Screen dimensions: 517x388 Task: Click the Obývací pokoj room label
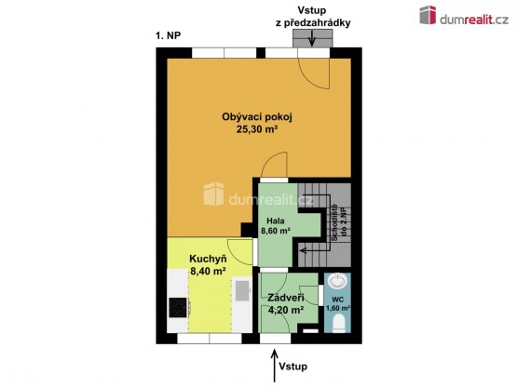pyautogui.click(x=257, y=117)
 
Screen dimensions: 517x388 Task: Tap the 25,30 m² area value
pyautogui.click(x=256, y=129)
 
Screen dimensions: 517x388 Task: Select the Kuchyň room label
pyautogui.click(x=208, y=259)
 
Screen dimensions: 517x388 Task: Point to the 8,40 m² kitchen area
pyautogui.click(x=208, y=271)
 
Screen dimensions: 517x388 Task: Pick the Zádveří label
pyautogui.click(x=286, y=298)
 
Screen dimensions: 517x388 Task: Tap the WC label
pyautogui.click(x=338, y=300)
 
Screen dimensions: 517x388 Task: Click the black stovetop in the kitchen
pyautogui.click(x=178, y=307)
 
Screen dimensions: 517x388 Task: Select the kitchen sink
pyautogui.click(x=243, y=290)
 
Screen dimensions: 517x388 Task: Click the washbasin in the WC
pyautogui.click(x=338, y=281)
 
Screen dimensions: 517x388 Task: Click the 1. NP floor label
pyautogui.click(x=169, y=35)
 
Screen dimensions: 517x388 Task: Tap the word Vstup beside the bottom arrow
pyautogui.click(x=293, y=367)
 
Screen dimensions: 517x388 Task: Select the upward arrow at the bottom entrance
pyautogui.click(x=274, y=366)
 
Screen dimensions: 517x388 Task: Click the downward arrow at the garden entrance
pyautogui.click(x=311, y=38)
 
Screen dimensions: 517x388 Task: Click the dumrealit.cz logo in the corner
pyautogui.click(x=464, y=16)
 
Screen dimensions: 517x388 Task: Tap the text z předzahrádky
pyautogui.click(x=313, y=23)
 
